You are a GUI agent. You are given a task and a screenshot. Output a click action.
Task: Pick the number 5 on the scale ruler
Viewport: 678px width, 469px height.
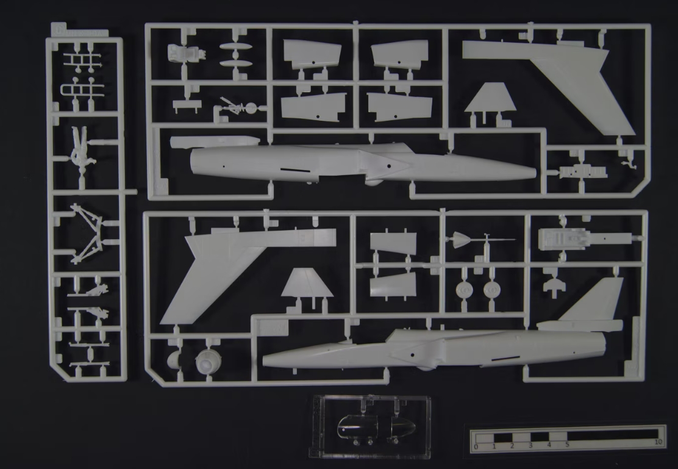[x=568, y=445]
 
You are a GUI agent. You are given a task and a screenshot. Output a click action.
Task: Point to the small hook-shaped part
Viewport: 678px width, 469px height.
[x=626, y=162]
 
